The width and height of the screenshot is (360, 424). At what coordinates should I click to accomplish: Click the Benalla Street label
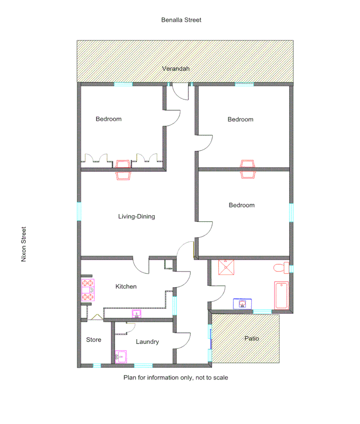(x=181, y=20)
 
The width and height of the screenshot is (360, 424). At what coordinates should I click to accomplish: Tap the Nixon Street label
(x=24, y=244)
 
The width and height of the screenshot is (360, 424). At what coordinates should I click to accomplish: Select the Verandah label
(x=176, y=69)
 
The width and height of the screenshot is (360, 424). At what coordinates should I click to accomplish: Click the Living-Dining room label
(x=137, y=217)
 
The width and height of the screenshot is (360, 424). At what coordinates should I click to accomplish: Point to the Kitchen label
(x=126, y=286)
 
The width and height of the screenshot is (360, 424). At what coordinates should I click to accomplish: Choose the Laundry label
(x=147, y=342)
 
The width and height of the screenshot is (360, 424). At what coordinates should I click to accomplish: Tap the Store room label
(x=93, y=340)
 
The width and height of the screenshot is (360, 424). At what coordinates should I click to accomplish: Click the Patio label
(x=252, y=338)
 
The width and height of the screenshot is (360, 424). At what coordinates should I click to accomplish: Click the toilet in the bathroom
(x=282, y=268)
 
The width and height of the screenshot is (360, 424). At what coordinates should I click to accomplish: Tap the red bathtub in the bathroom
(x=282, y=295)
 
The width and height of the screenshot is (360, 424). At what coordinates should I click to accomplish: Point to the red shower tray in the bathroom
(x=226, y=267)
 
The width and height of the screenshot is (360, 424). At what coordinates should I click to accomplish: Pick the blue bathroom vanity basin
(x=243, y=304)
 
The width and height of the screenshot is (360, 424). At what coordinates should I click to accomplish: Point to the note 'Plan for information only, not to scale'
(x=176, y=378)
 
